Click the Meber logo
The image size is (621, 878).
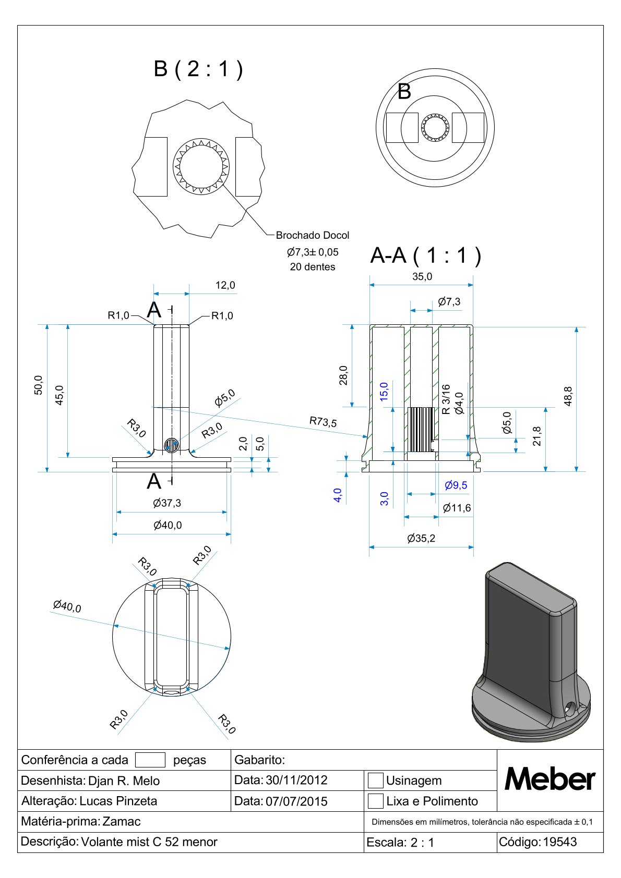550,780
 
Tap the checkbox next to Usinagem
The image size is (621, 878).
375,781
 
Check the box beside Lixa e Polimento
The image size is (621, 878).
375,801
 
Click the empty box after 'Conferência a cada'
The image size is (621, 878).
150,760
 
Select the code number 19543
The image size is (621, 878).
560,842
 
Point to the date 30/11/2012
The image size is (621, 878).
296,781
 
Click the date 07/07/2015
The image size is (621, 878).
296,801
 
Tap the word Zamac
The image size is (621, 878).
122,822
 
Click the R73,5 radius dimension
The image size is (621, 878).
323,422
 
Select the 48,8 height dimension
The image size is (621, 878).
568,396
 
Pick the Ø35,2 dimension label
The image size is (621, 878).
421,538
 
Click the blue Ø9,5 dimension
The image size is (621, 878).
456,485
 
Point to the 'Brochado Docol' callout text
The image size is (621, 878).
313,236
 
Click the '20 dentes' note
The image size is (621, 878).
313,267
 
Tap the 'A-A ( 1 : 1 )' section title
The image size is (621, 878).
425,255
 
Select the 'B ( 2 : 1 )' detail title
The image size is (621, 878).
198,69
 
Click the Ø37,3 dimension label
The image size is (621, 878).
167,503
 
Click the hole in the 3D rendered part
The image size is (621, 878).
570,708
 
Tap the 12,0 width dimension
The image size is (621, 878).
225,285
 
